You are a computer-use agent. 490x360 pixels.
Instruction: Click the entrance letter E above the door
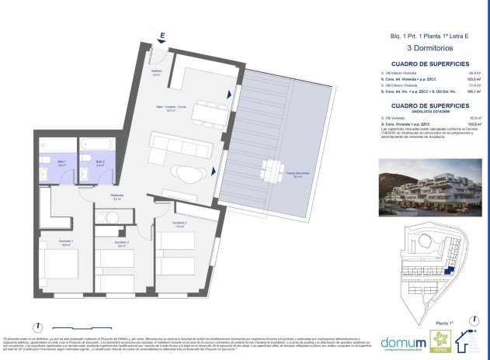click(162, 36)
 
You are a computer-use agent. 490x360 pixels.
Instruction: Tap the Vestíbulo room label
click(157, 73)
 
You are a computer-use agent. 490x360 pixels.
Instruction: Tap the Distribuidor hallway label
click(116, 197)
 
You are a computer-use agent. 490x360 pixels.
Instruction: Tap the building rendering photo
click(429, 185)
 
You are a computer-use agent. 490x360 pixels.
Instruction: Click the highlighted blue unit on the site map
click(449, 268)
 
